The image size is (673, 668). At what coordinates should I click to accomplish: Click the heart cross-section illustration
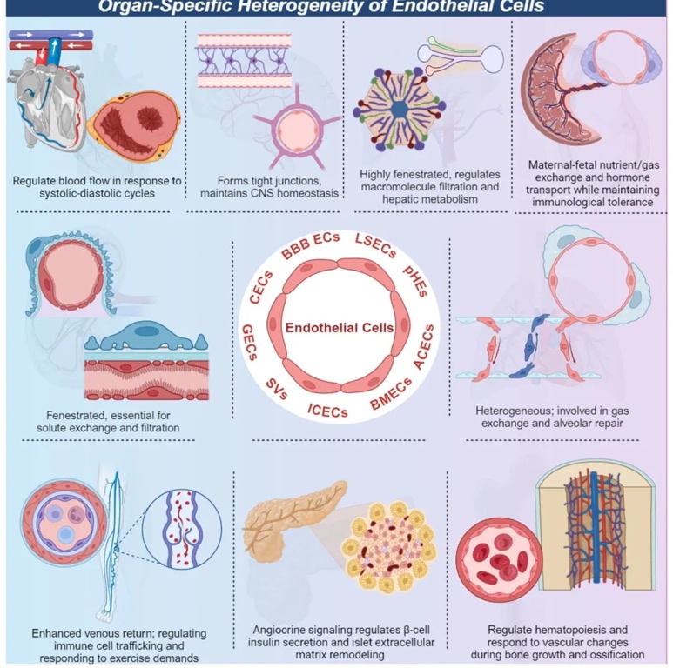129,129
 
